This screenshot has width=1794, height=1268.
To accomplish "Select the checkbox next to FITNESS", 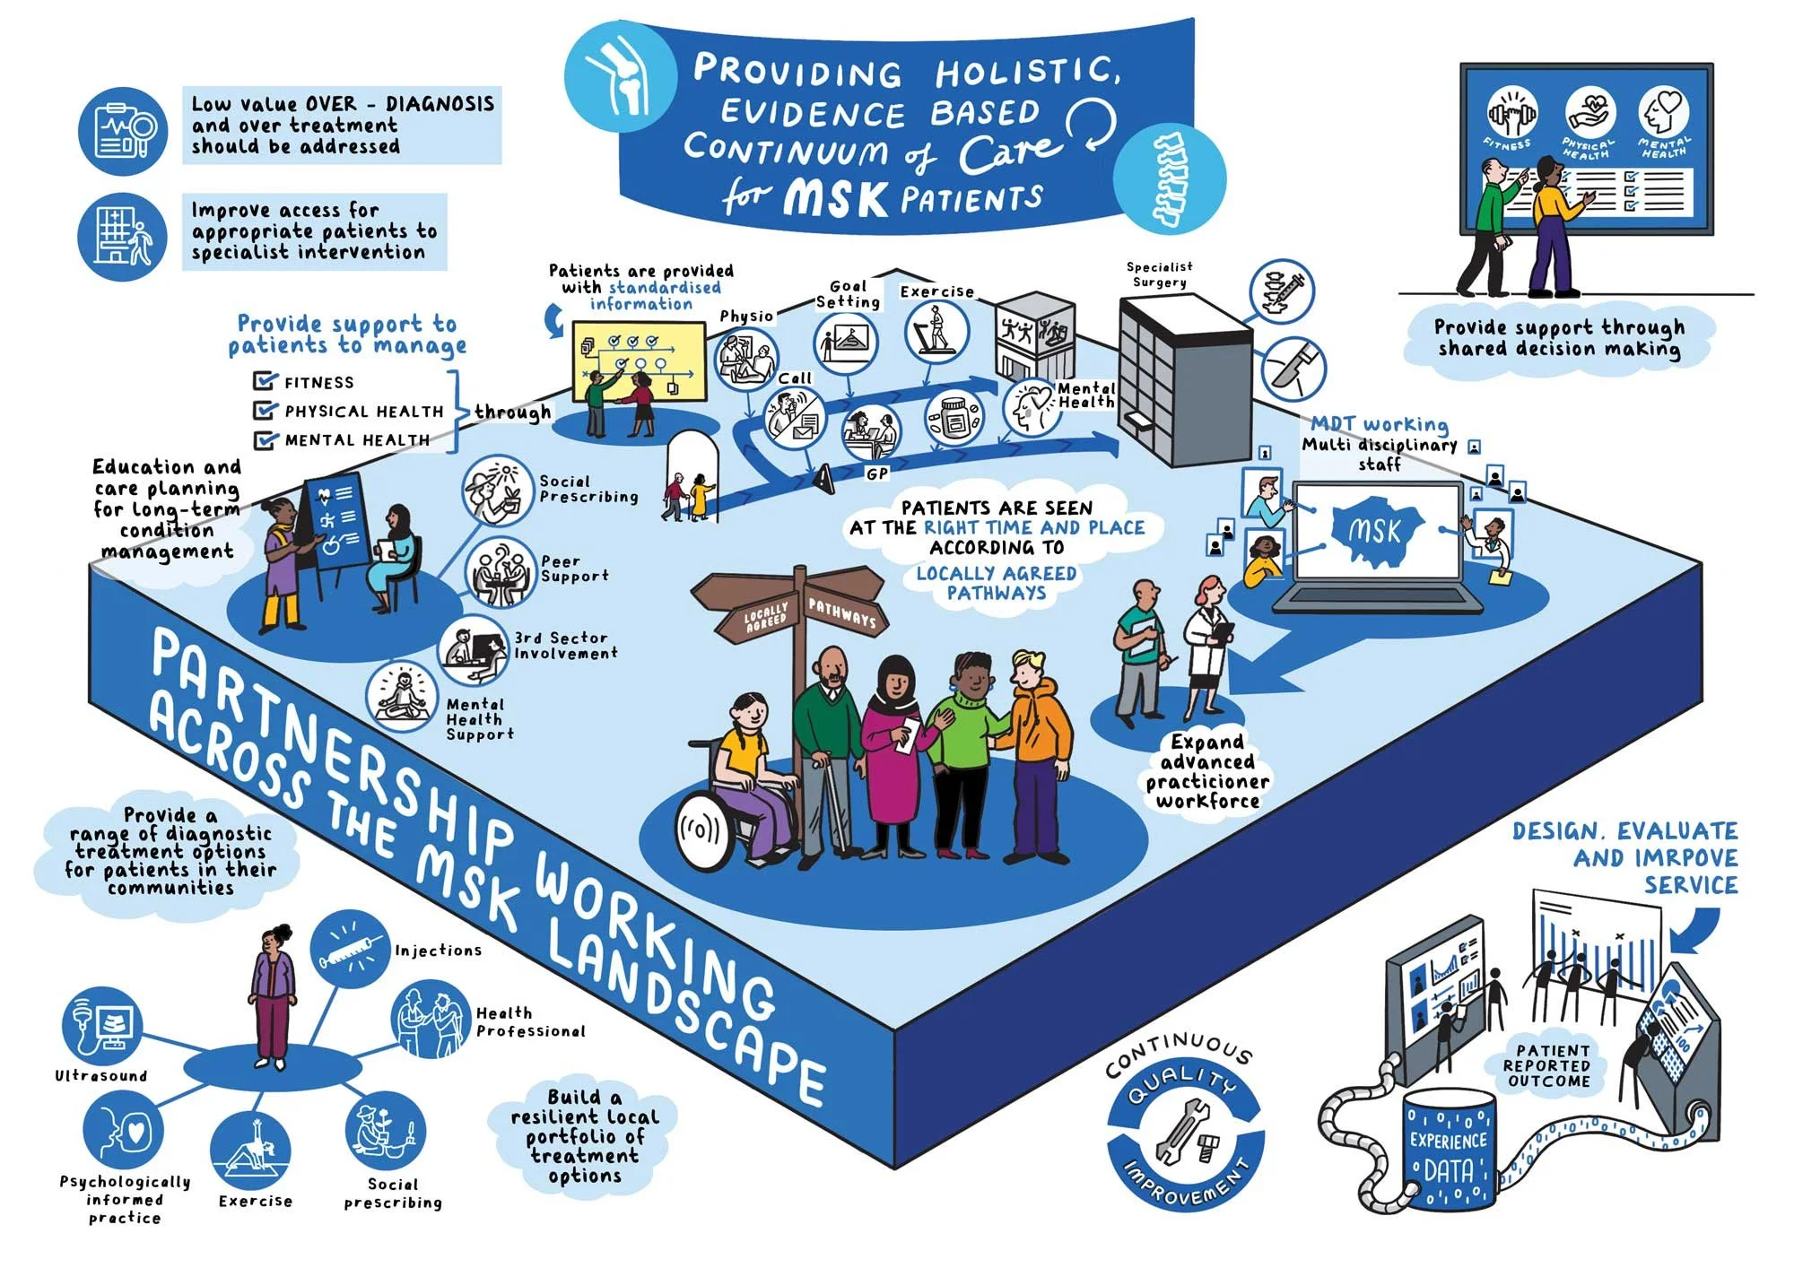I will click(x=265, y=381).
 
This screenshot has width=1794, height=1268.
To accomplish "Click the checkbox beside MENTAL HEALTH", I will click(x=265, y=439).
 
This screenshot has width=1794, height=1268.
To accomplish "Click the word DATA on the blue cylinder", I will click(x=1449, y=1170).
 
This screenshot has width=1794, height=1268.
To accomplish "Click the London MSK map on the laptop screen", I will click(x=1373, y=532).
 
